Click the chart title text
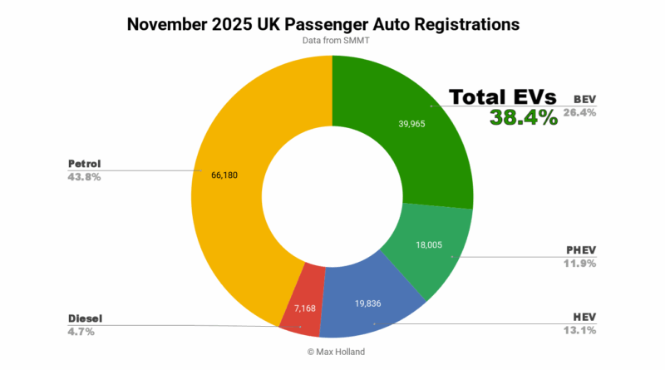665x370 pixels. click(323, 24)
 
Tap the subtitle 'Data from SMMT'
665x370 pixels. click(332, 41)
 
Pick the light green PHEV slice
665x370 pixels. click(432, 249)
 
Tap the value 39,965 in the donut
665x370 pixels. click(413, 123)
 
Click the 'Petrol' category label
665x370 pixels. click(86, 163)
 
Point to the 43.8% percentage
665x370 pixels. click(84, 176)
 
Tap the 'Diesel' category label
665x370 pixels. click(85, 318)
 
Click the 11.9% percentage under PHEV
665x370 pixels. click(579, 263)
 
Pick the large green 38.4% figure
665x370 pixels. click(524, 118)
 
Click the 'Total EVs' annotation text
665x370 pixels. click(503, 97)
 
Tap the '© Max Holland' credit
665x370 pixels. click(332, 352)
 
